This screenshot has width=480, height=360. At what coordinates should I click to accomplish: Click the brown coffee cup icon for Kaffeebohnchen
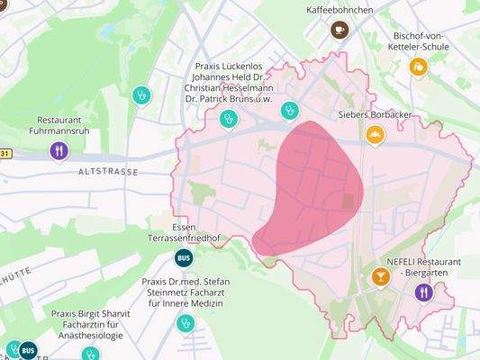pyautogui.click(x=340, y=30)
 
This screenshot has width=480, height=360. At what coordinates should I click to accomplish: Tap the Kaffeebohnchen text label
pyautogui.click(x=340, y=10)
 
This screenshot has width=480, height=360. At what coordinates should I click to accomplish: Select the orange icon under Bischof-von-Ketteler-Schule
pyautogui.click(x=418, y=67)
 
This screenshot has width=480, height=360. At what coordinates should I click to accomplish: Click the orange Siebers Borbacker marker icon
pyautogui.click(x=375, y=135)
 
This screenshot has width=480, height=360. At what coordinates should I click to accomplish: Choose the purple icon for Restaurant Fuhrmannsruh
pyautogui.click(x=59, y=150)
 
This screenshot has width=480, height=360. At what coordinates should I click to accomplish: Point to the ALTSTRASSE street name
pyautogui.click(x=108, y=170)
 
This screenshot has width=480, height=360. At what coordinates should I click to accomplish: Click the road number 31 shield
pyautogui.click(x=5, y=154)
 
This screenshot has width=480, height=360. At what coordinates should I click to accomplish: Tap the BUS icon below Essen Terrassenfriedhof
pyautogui.click(x=183, y=258)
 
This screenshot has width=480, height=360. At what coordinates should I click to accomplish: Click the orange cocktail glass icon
pyautogui.click(x=381, y=275)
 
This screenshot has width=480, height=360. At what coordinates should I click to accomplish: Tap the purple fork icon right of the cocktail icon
pyautogui.click(x=423, y=292)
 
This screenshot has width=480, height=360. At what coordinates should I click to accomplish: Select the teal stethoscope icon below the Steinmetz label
pyautogui.click(x=186, y=322)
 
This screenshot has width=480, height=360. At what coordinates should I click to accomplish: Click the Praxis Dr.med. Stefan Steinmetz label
pyautogui.click(x=186, y=292)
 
